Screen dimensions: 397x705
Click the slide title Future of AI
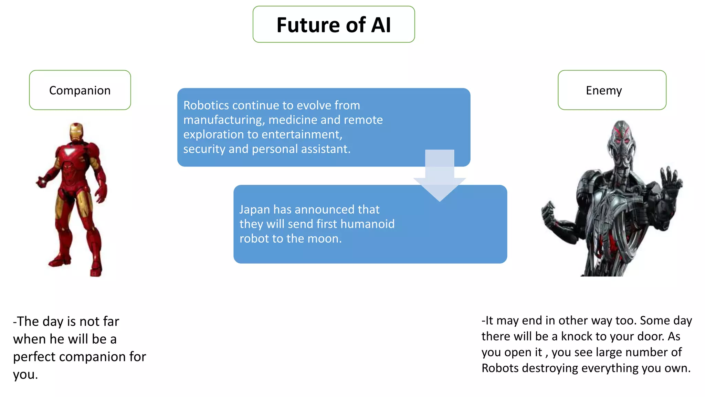pos(334,25)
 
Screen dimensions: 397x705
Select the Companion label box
pos(80,90)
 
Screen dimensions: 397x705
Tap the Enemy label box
pos(612,90)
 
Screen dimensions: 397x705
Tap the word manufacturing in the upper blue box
pos(223,120)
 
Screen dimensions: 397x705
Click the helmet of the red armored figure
pos(76,132)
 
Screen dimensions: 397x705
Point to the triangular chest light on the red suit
pos(70,152)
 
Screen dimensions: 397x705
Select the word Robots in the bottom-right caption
pos(500,368)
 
